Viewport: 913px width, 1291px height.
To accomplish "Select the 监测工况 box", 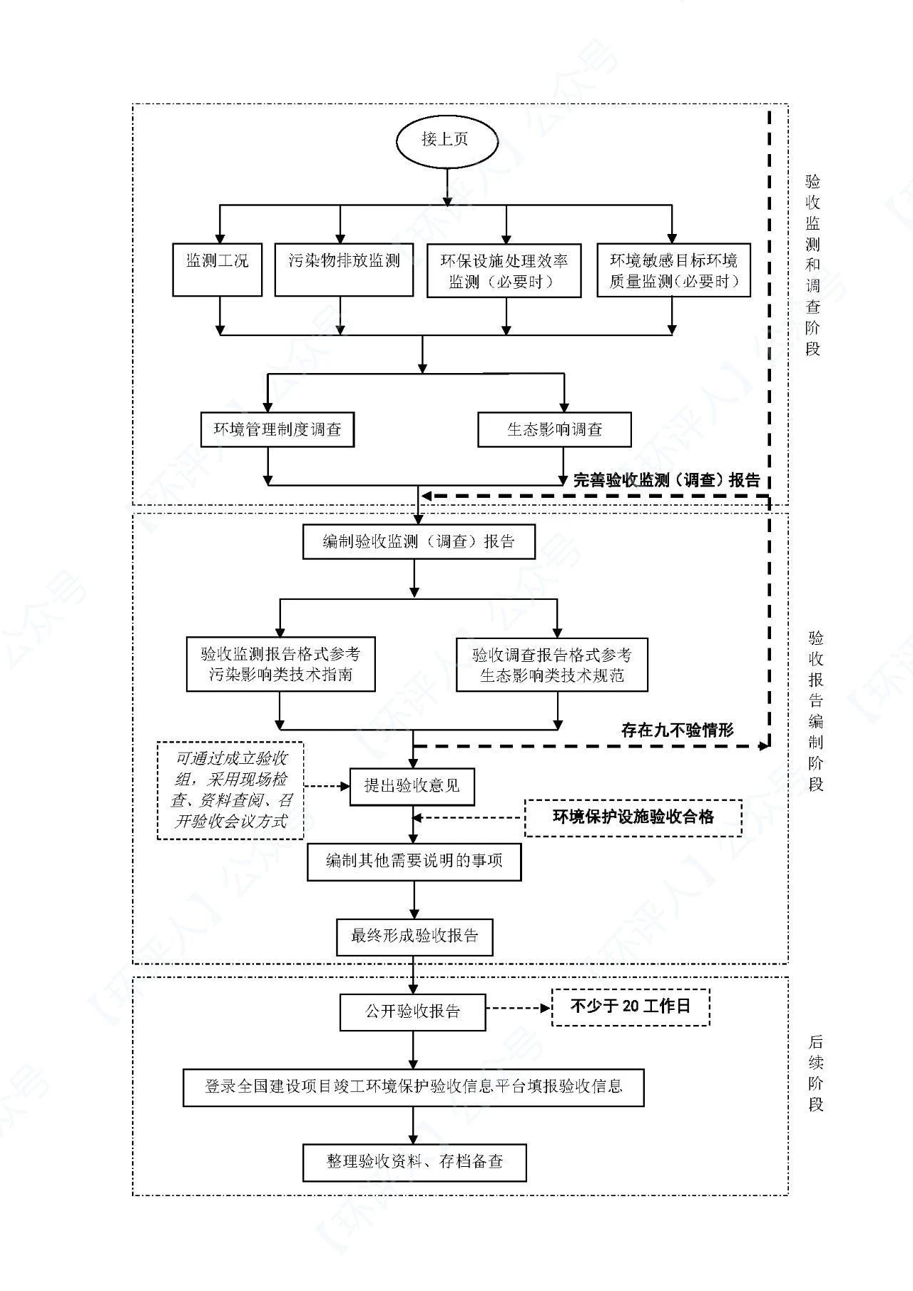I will pyautogui.click(x=217, y=270).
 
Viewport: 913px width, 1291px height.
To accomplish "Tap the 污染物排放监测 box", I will pyautogui.click(x=344, y=270).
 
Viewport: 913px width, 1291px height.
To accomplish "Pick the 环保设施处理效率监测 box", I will pyautogui.click(x=504, y=270).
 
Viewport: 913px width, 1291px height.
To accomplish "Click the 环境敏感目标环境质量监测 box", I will pyautogui.click(x=673, y=270).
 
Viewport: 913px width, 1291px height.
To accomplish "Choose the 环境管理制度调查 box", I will pyautogui.click(x=277, y=429).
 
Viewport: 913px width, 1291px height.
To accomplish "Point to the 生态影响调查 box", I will pyautogui.click(x=554, y=429).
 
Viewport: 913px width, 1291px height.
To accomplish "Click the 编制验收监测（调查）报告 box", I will pyautogui.click(x=419, y=541).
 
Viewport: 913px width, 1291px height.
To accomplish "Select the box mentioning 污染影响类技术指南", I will pyautogui.click(x=281, y=664).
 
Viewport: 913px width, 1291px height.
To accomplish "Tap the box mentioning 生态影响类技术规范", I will pyautogui.click(x=552, y=664).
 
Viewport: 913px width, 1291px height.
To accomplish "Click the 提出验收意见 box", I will pyautogui.click(x=412, y=786).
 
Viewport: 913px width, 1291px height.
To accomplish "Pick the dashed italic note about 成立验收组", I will pyautogui.click(x=230, y=790).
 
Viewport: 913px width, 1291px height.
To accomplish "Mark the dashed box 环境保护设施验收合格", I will pyautogui.click(x=633, y=817).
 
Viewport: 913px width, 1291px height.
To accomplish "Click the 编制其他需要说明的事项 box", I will pyautogui.click(x=414, y=861).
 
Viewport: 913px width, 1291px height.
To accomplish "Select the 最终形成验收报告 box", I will pyautogui.click(x=414, y=936).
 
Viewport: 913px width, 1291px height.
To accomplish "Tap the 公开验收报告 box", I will pyautogui.click(x=413, y=1011).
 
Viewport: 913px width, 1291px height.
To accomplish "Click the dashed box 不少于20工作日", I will pyautogui.click(x=631, y=1006).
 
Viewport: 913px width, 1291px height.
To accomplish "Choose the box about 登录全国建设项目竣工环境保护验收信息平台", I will pyautogui.click(x=414, y=1086).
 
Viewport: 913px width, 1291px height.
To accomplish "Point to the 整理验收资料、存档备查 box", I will pyautogui.click(x=415, y=1162).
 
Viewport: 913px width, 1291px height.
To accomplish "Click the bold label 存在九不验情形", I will pyautogui.click(x=677, y=730).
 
